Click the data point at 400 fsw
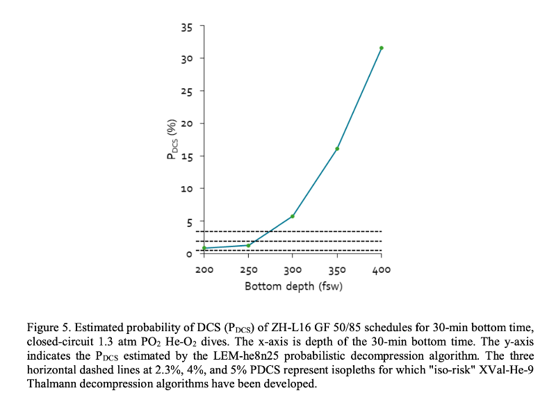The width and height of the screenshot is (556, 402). pyautogui.click(x=382, y=48)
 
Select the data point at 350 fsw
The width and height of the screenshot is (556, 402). pyautogui.click(x=337, y=149)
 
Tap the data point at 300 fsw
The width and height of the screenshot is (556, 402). pyautogui.click(x=293, y=216)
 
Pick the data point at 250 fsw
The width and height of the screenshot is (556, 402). pyautogui.click(x=248, y=245)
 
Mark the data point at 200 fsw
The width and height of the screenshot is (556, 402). pyautogui.click(x=204, y=248)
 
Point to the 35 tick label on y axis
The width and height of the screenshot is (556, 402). pyautogui.click(x=186, y=26)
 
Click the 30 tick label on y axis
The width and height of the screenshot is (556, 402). pyautogui.click(x=186, y=58)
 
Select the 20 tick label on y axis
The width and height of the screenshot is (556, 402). pyautogui.click(x=186, y=124)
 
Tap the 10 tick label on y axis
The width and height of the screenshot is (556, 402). pyautogui.click(x=186, y=189)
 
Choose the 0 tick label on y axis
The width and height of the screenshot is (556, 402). pyautogui.click(x=188, y=253)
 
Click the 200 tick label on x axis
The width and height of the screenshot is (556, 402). pyautogui.click(x=204, y=269)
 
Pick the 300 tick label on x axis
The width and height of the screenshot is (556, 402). pyautogui.click(x=293, y=269)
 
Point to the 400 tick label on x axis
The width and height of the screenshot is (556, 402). pyautogui.click(x=382, y=269)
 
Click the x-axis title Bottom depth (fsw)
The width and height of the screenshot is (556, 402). pyautogui.click(x=293, y=285)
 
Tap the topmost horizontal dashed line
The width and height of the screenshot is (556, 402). pyautogui.click(x=292, y=231)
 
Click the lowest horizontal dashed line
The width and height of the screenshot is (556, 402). pyautogui.click(x=292, y=250)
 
